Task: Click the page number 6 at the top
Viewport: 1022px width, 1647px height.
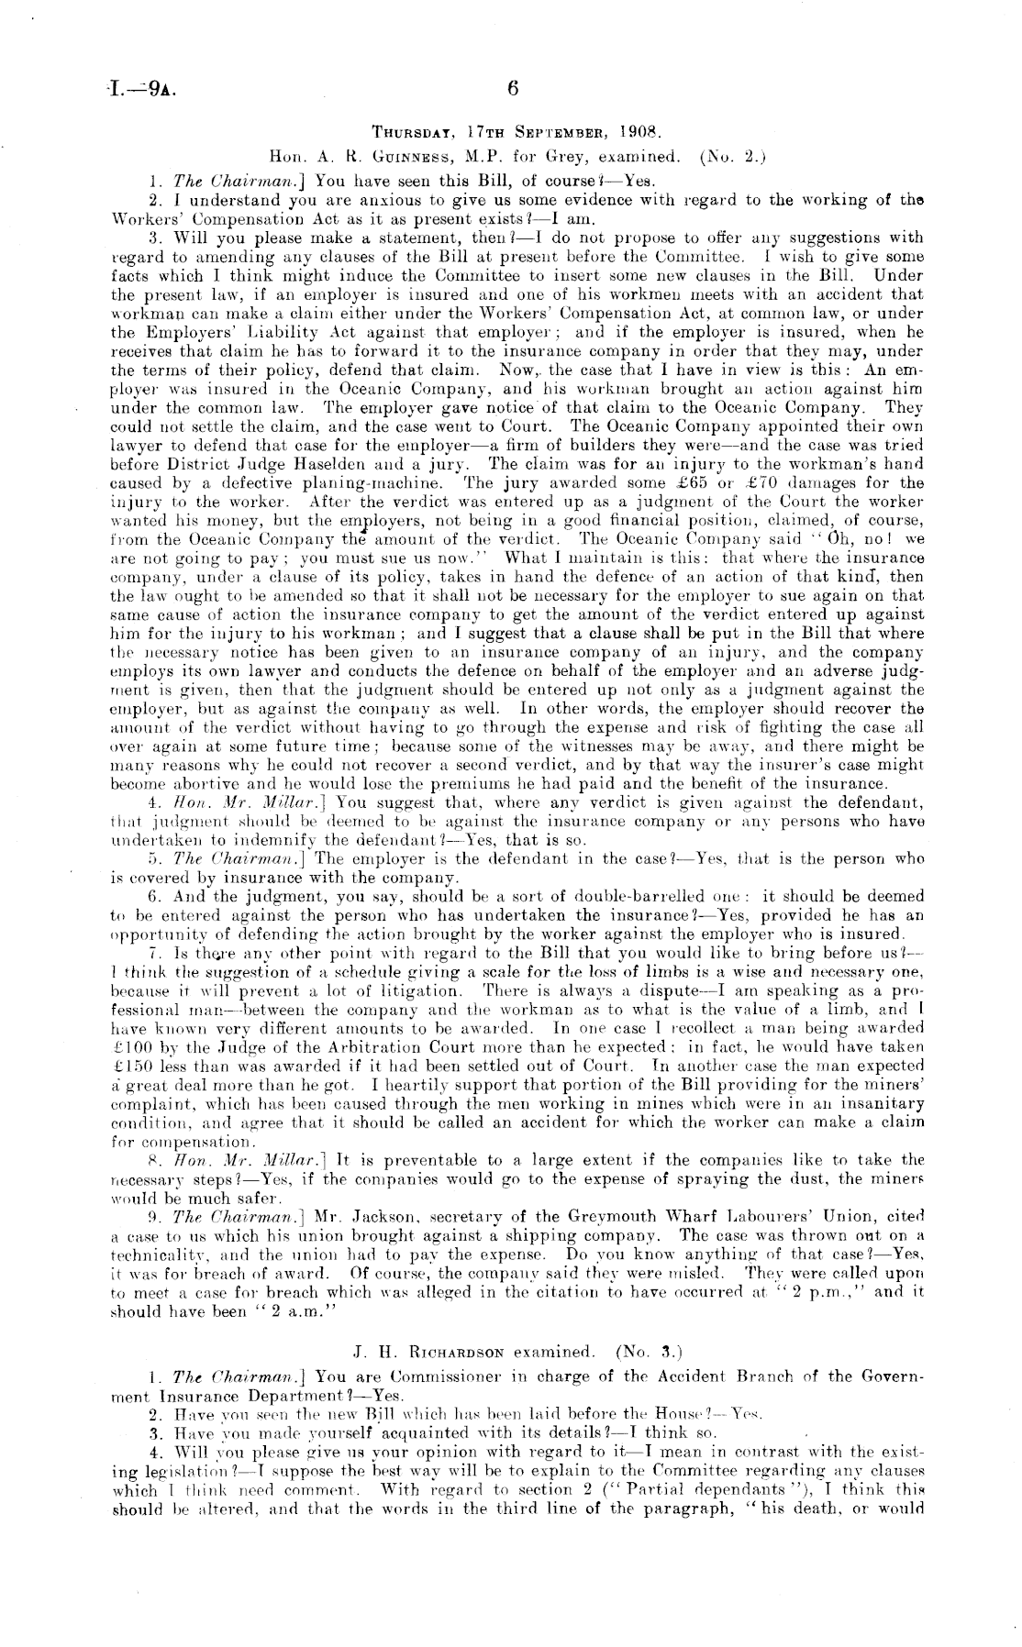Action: (x=513, y=88)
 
